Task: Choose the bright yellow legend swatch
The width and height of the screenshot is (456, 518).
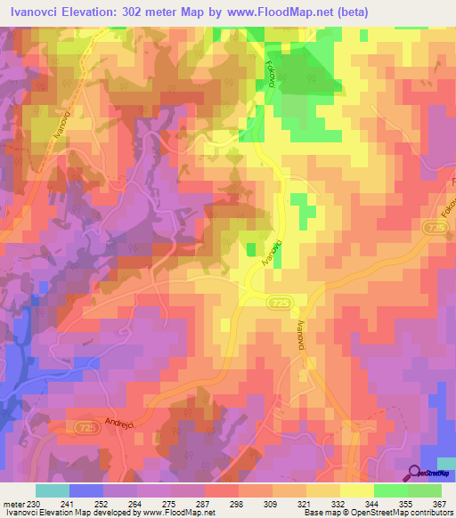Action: click(357, 490)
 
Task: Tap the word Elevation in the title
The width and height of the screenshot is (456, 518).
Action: click(108, 12)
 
